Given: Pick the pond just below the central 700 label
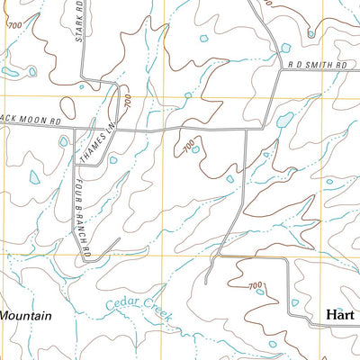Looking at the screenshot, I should pos(195,150).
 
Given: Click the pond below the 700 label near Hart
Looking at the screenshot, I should pos(260,290).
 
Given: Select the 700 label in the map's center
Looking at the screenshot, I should pos(187,143).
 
